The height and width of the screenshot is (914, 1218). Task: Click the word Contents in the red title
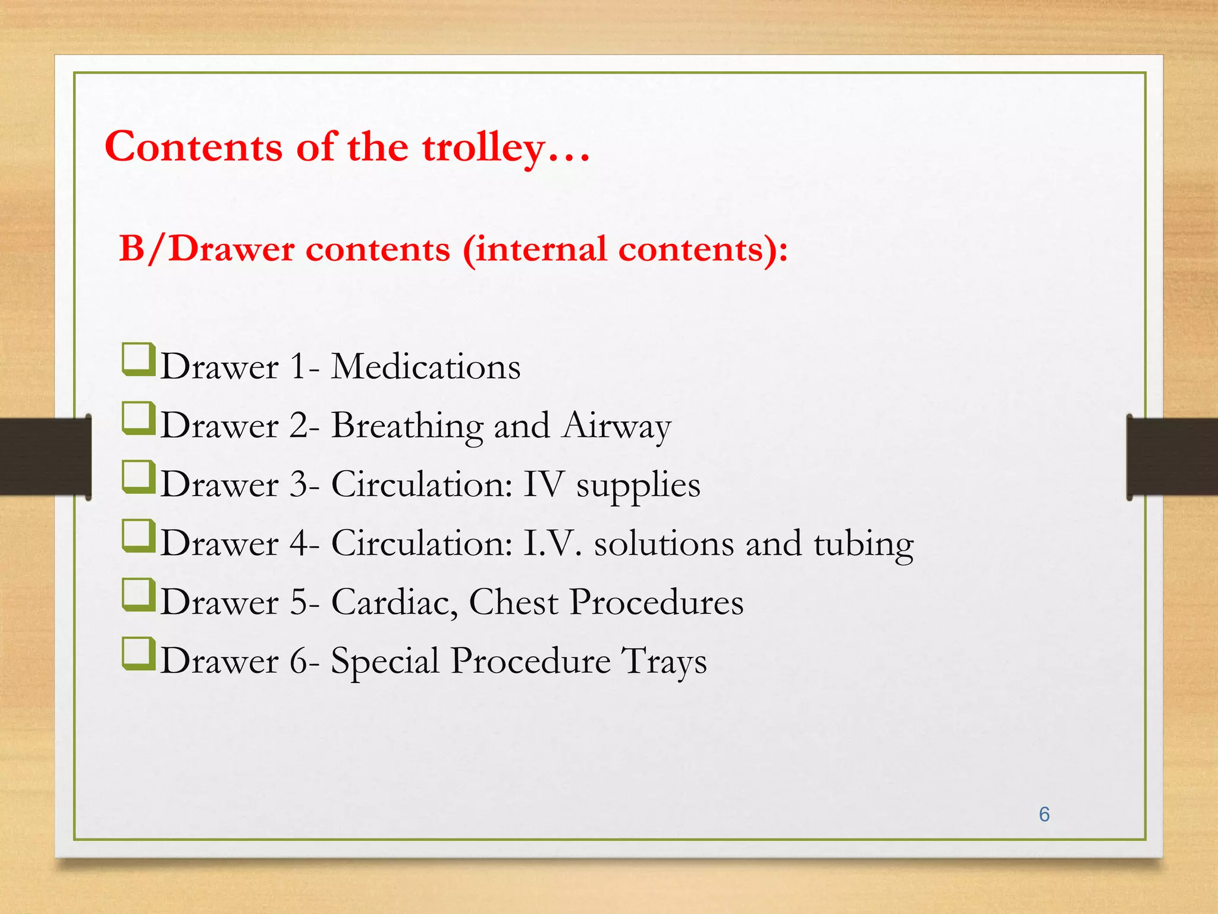pyautogui.click(x=193, y=147)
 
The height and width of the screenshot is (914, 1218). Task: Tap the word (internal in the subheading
pyautogui.click(x=535, y=249)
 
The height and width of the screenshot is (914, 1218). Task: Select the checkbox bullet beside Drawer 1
pyautogui.click(x=138, y=359)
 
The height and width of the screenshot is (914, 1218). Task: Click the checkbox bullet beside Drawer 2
pyautogui.click(x=138, y=418)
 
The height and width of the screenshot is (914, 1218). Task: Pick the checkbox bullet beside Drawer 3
pyautogui.click(x=138, y=477)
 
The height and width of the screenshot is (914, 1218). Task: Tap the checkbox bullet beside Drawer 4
pyautogui.click(x=138, y=536)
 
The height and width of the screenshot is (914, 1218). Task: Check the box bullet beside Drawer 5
pyautogui.click(x=138, y=595)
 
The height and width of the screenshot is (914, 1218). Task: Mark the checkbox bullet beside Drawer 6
pyautogui.click(x=138, y=654)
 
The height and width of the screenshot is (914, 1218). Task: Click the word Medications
pyautogui.click(x=425, y=367)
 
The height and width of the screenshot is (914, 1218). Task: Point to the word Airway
pyautogui.click(x=617, y=427)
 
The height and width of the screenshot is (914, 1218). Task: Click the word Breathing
pyautogui.click(x=407, y=427)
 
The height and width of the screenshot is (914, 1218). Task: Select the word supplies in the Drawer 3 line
pyautogui.click(x=638, y=486)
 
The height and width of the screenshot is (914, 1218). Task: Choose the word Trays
pyautogui.click(x=664, y=662)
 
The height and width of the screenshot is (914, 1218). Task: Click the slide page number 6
pyautogui.click(x=1044, y=815)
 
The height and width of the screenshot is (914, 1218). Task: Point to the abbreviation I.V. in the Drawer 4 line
pyautogui.click(x=553, y=543)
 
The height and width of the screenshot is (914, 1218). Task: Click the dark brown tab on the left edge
pyautogui.click(x=45, y=456)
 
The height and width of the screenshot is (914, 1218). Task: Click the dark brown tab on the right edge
pyautogui.click(x=1172, y=456)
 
